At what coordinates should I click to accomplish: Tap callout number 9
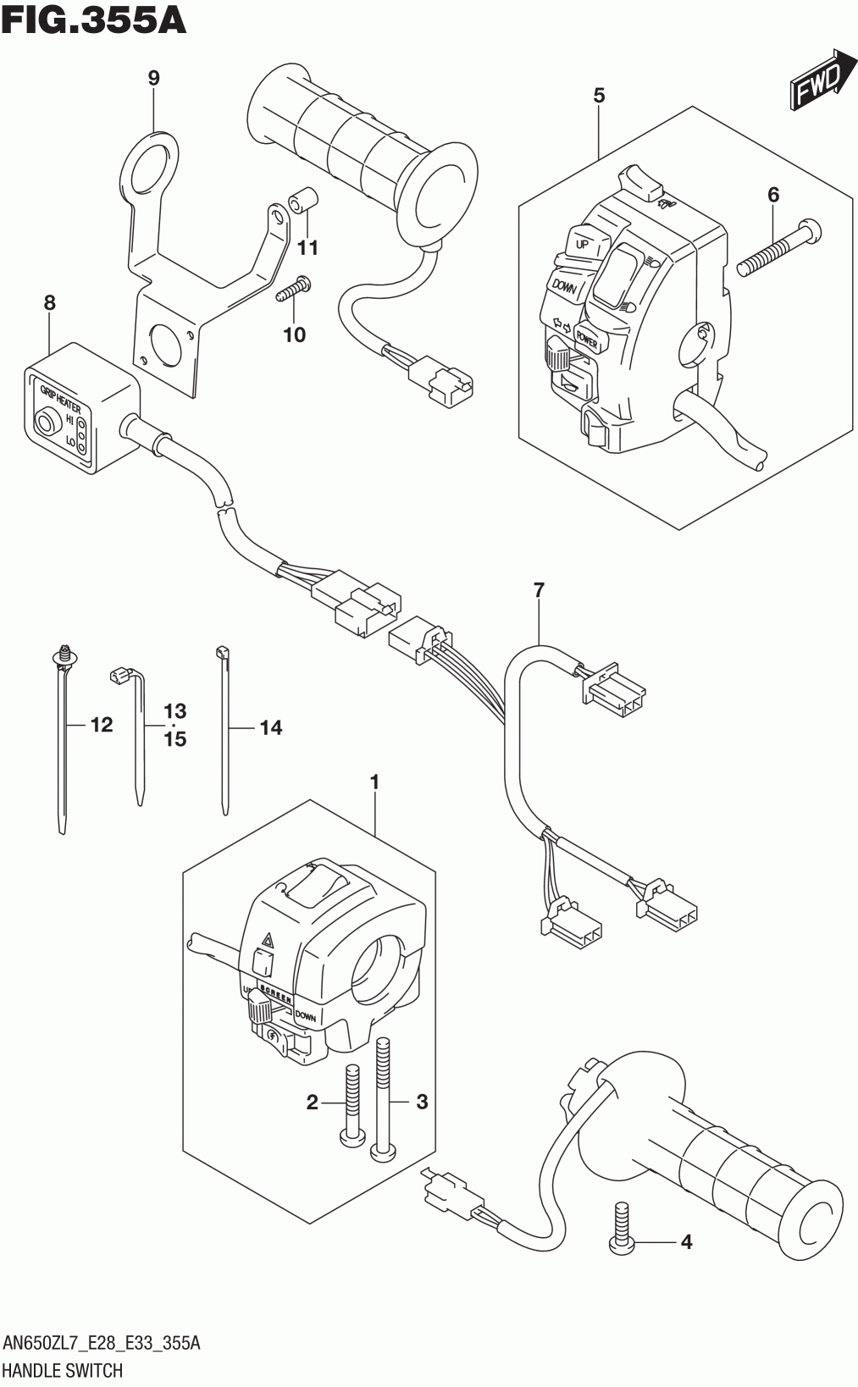tap(153, 78)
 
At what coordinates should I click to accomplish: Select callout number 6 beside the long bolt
tap(772, 195)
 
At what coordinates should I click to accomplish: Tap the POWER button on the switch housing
tap(587, 340)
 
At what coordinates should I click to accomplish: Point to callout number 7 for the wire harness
tap(539, 591)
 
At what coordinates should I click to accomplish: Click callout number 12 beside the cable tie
tap(101, 725)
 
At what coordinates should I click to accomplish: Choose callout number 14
tap(270, 727)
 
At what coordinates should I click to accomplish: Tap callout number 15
tap(175, 739)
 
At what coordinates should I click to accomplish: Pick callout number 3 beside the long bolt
tap(422, 1102)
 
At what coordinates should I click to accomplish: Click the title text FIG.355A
tap(93, 19)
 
